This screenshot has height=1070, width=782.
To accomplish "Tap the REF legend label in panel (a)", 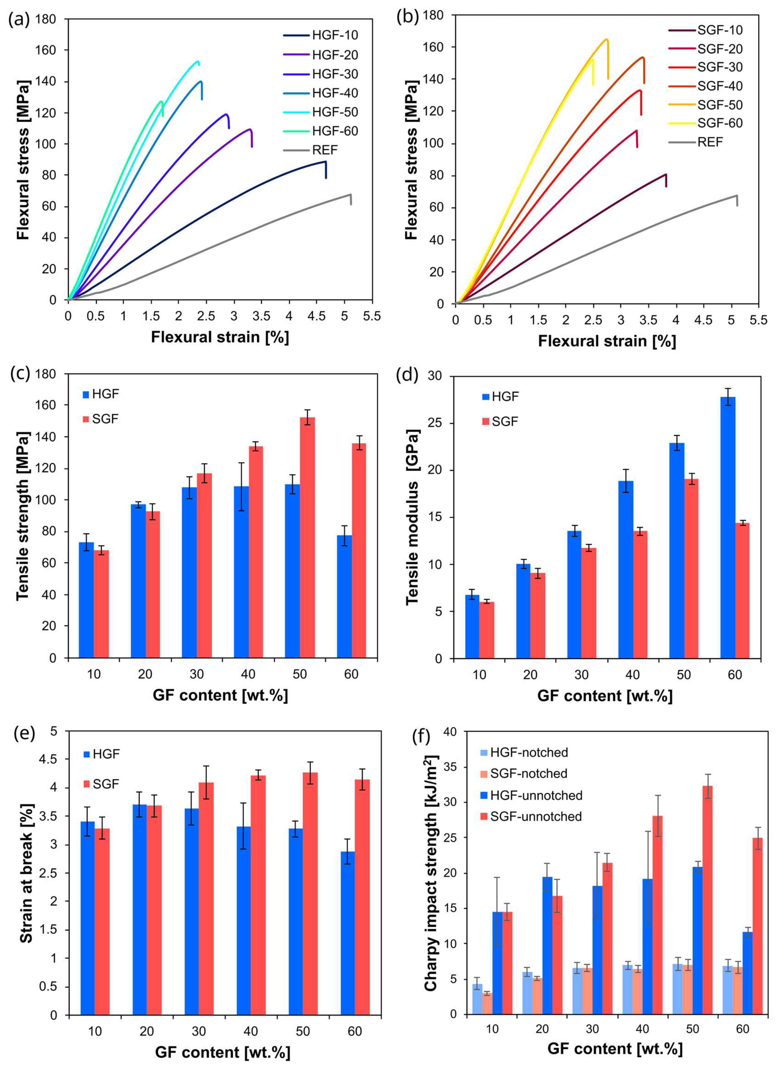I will [x=325, y=150].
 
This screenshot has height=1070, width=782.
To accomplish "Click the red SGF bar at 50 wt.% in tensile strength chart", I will [x=307, y=537].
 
